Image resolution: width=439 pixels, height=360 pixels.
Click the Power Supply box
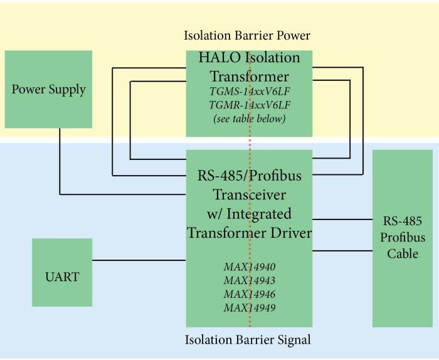(48, 89)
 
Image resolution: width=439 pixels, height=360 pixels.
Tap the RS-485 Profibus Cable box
(403, 238)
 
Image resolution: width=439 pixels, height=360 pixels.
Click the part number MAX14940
(250, 267)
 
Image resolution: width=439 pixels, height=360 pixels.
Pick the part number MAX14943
(250, 280)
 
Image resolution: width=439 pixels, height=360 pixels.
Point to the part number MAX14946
(250, 294)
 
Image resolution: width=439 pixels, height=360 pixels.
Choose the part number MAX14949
(250, 307)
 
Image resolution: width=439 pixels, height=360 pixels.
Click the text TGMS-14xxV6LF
(249, 91)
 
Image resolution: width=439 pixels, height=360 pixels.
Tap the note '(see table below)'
(249, 118)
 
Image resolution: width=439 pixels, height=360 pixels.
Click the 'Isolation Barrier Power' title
(247, 34)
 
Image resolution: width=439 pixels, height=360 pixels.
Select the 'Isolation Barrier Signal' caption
(248, 341)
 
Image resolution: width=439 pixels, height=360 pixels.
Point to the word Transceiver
(249, 194)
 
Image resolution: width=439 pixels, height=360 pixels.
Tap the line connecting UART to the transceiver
(139, 260)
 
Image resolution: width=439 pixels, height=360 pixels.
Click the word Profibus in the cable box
(403, 238)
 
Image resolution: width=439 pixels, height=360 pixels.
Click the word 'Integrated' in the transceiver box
(261, 213)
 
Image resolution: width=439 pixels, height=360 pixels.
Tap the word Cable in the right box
(403, 255)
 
